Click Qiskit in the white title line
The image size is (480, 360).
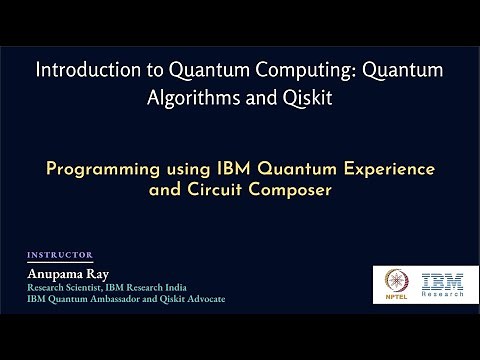point(301,101)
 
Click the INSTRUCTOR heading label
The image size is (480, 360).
point(60,255)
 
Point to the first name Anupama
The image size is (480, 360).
point(59,273)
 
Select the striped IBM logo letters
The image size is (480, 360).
point(441,281)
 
